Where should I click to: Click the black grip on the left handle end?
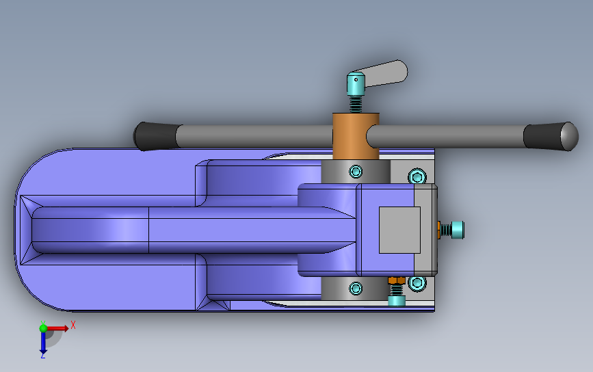coord(156,136)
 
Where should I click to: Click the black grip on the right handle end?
coord(551,137)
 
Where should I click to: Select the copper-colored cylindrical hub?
coord(356,136)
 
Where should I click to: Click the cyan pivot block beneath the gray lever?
coord(356,84)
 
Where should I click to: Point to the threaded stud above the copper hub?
coord(356,105)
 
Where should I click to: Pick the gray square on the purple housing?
coord(399,230)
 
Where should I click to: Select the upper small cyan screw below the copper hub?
coord(356,172)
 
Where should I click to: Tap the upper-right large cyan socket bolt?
coord(417,176)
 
